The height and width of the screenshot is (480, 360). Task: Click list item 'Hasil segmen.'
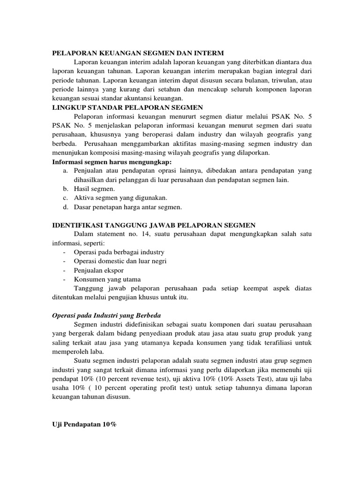(x=95, y=188)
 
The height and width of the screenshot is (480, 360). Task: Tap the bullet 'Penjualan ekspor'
(x=97, y=270)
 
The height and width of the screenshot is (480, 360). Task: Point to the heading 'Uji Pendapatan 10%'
(x=83, y=424)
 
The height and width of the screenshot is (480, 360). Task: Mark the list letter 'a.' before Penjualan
(x=66, y=171)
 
